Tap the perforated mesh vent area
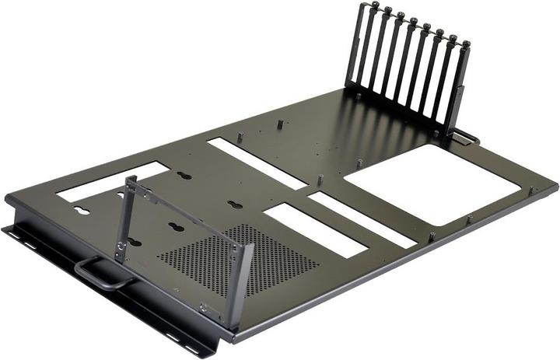pyautogui.click(x=233, y=260)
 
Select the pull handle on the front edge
pyautogui.click(x=101, y=274)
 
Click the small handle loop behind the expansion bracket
pyautogui.click(x=467, y=138)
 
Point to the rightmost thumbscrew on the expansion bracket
pyautogui.click(x=465, y=45)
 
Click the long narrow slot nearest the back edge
pyautogui.click(x=257, y=163)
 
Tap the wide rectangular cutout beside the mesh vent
pyautogui.click(x=315, y=229)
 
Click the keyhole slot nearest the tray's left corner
pyautogui.click(x=81, y=210)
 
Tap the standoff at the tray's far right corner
pyautogui.click(x=532, y=189)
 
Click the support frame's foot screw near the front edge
pyautogui.click(x=204, y=308)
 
